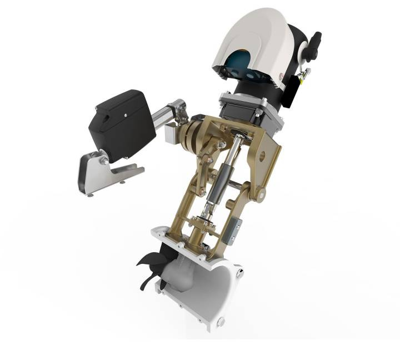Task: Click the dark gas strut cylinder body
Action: [218, 183]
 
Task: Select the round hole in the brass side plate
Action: [260, 152]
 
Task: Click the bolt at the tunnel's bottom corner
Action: [221, 322]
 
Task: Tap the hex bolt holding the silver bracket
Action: [103, 161]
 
